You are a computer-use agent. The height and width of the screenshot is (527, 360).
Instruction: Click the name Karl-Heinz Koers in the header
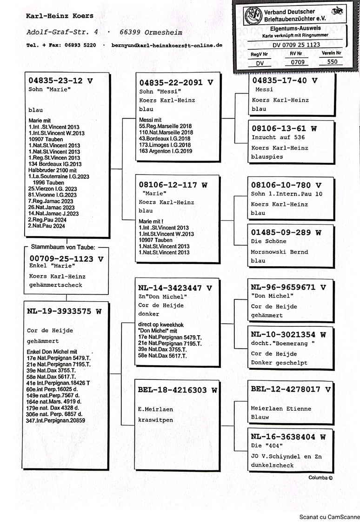pyautogui.click(x=60, y=16)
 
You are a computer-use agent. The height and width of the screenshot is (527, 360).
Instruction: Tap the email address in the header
pyautogui.click(x=167, y=46)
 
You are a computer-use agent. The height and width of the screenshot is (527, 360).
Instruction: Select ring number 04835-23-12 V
pyautogui.click(x=60, y=81)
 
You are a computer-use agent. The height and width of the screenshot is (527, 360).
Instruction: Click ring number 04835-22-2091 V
pyautogui.click(x=176, y=82)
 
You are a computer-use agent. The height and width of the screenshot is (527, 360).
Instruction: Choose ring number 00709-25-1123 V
pyautogui.click(x=66, y=258)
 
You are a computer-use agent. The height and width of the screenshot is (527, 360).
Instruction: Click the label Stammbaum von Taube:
pyautogui.click(x=63, y=247)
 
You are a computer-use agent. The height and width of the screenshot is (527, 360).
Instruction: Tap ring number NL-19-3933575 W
pyautogui.click(x=64, y=311)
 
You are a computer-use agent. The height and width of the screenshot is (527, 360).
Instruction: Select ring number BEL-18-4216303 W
pyautogui.click(x=177, y=390)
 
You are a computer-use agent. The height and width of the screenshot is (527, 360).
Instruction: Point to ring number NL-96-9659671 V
pyautogui.click(x=288, y=287)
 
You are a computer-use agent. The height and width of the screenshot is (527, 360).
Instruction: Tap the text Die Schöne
pyautogui.click(x=269, y=241)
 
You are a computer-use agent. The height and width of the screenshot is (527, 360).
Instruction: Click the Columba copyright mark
pyautogui.click(x=320, y=477)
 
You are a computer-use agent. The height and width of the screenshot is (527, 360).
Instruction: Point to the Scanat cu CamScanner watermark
pyautogui.click(x=329, y=516)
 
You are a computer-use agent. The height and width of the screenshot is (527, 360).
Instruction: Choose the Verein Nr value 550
pyautogui.click(x=332, y=61)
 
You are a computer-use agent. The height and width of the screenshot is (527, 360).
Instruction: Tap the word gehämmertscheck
pyautogui.click(x=55, y=285)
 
